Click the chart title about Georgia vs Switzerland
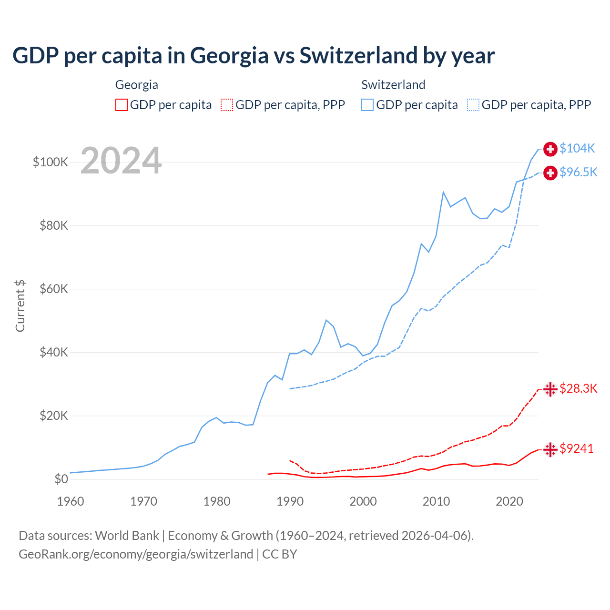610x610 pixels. [x=253, y=56]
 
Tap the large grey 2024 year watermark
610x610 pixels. [x=121, y=161]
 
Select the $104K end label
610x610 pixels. [x=577, y=148]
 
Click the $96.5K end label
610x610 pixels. [x=578, y=172]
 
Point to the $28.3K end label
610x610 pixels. [x=578, y=388]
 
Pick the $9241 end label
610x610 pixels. [x=577, y=448]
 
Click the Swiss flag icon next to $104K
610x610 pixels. [x=550, y=149]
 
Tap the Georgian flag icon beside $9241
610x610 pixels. [x=550, y=449]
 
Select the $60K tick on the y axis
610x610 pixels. [x=54, y=289]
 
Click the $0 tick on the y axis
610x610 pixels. [x=61, y=479]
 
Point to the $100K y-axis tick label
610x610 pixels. [x=51, y=162]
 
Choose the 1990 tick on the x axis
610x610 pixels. [x=290, y=501]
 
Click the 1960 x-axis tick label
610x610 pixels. [x=71, y=501]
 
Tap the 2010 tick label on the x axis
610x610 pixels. [x=436, y=501]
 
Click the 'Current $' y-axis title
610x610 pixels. [x=20, y=306]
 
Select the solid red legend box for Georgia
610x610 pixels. [x=122, y=105]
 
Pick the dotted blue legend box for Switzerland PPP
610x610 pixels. [x=473, y=105]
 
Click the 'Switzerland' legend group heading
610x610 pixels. [x=393, y=85]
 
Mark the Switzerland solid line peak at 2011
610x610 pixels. [x=443, y=192]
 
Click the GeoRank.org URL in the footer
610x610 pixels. [x=136, y=554]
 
